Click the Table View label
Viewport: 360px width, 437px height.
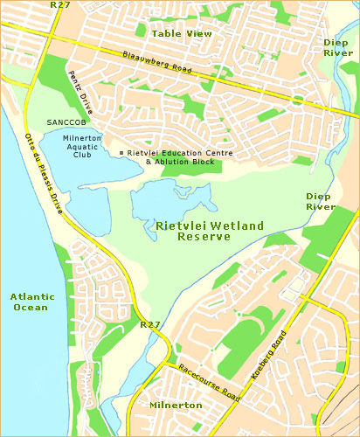click(x=182, y=33)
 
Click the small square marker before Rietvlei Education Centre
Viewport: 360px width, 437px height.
click(x=121, y=153)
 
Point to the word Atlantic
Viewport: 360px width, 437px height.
click(x=32, y=296)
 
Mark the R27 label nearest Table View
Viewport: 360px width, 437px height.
click(x=61, y=4)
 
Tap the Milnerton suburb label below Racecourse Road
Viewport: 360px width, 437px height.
click(x=176, y=406)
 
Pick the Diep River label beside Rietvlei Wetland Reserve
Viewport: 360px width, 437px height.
click(x=321, y=201)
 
